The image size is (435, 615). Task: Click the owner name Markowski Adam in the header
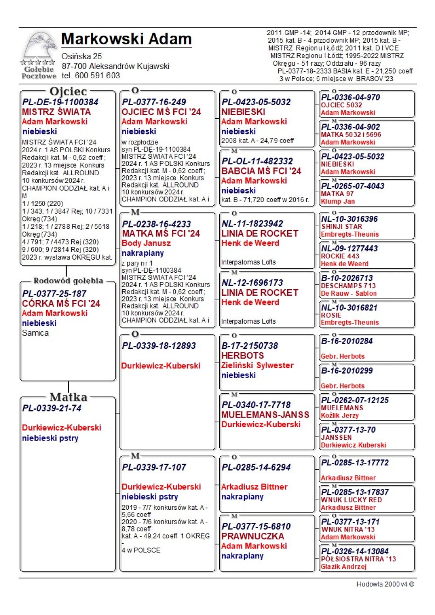coord(126,39)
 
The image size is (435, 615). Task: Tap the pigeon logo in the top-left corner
coord(39,56)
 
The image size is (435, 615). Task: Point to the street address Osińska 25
coord(82,57)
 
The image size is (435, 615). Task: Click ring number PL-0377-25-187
coord(54,294)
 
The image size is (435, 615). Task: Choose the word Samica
coord(35,333)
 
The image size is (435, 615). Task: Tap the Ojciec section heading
coord(68,91)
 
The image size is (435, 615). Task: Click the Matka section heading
coord(68,397)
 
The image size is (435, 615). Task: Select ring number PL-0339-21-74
coord(52,408)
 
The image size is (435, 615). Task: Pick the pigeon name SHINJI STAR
coord(341,227)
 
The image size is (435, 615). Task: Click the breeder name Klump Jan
coord(338,201)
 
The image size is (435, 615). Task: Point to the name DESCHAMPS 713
coord(348,286)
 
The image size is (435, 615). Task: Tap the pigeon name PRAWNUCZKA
coord(252,536)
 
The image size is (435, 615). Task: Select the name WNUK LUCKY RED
coord(351,500)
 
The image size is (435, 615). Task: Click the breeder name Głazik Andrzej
coord(344,566)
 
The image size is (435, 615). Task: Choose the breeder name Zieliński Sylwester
coord(257,365)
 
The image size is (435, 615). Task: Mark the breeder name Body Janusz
coord(146,243)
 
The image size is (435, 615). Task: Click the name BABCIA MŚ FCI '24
coord(261,171)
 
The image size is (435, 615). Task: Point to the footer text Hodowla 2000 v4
coord(385,584)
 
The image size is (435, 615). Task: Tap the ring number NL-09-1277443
coord(349,249)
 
